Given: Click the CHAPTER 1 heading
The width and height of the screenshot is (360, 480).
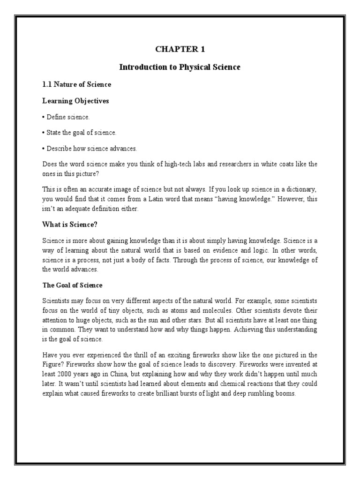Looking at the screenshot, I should (180, 49).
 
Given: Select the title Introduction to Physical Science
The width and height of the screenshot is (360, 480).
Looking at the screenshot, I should (180, 67).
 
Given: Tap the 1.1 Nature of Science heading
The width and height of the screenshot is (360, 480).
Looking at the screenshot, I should (77, 84).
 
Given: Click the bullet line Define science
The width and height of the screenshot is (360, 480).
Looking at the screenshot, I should (66, 117).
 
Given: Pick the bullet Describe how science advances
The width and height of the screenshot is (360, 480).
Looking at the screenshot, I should (90, 149).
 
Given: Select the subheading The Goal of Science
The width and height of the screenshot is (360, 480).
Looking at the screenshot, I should (72, 285).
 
